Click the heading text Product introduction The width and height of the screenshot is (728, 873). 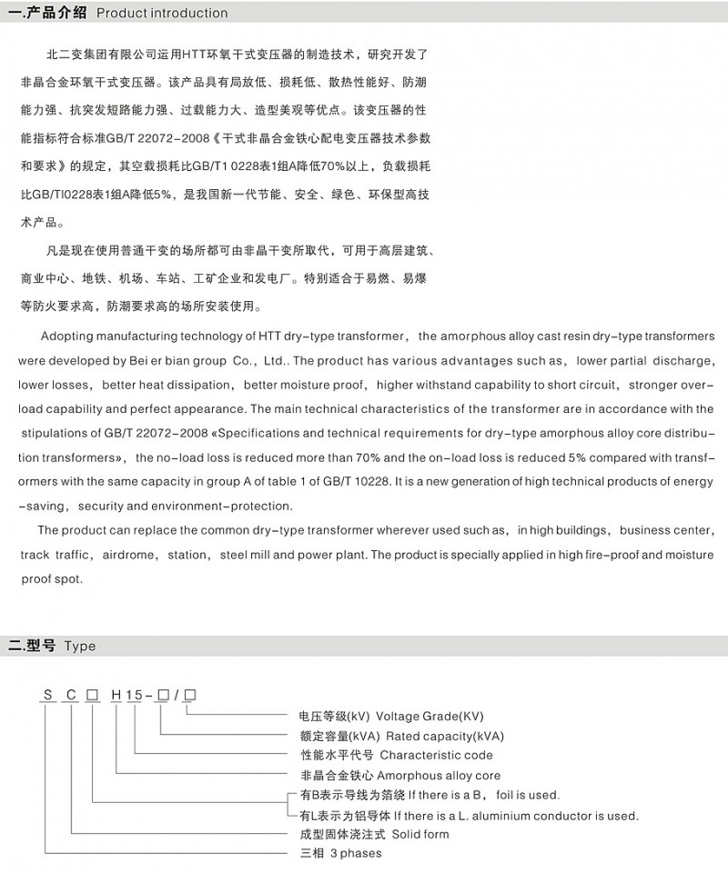pos(162,14)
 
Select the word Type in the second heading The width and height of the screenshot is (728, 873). pos(80,647)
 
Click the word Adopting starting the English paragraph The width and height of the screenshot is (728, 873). pos(69,336)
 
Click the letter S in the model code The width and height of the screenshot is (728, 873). pos(46,697)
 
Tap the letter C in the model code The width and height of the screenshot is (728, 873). pos(69,697)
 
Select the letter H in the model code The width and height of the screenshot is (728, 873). pos(116,697)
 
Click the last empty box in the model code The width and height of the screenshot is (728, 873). pos(189,697)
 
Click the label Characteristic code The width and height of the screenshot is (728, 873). pos(436,756)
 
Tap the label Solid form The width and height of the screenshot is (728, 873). pos(415,834)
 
